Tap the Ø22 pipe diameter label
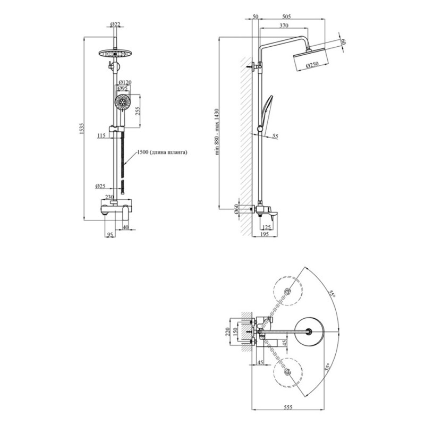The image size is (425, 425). [115, 24]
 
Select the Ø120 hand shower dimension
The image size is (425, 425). [125, 82]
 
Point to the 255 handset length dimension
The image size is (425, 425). [137, 111]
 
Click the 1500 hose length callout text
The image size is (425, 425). [162, 152]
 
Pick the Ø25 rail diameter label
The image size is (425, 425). [100, 186]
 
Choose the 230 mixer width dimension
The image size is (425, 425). [109, 197]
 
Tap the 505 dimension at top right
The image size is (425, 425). [286, 16]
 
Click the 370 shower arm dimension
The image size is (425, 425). [284, 25]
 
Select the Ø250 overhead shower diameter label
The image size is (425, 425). [312, 65]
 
